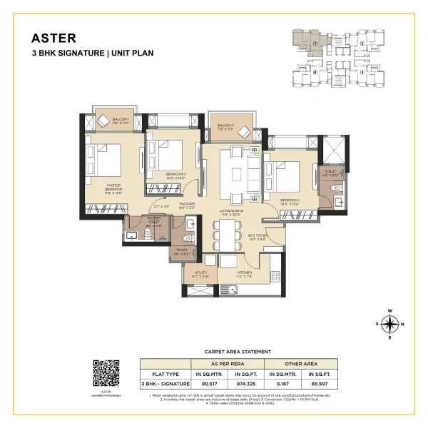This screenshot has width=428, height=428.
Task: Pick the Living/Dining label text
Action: (233, 212)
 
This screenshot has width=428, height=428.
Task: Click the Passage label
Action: (188, 204)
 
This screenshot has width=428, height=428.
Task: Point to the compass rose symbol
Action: (389, 325)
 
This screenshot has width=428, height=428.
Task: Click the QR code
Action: (106, 374)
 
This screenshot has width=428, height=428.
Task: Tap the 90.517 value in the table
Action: (209, 384)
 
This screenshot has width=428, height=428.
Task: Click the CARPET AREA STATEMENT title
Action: (238, 352)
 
